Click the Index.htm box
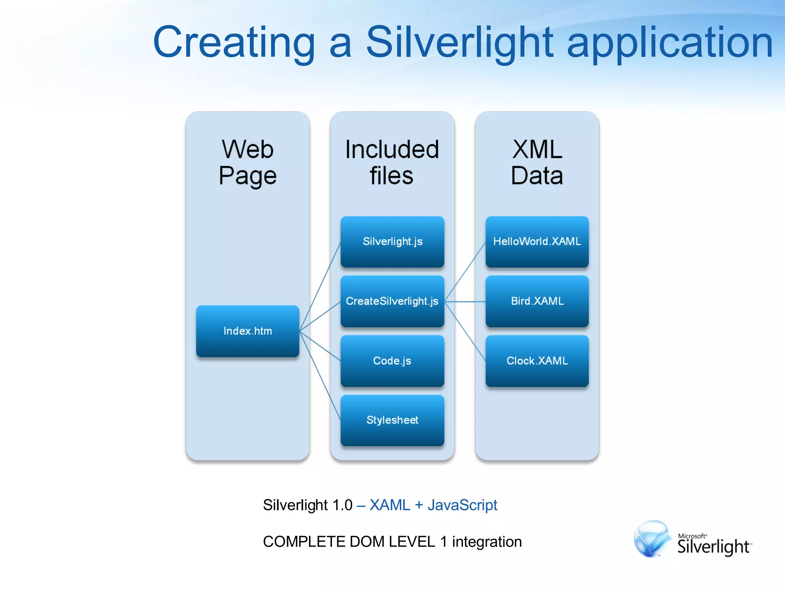tap(248, 331)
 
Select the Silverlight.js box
tap(392, 242)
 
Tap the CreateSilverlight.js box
tap(392, 301)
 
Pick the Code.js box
tap(392, 361)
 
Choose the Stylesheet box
tap(392, 420)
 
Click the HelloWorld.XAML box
tap(537, 242)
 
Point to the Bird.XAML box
tap(537, 301)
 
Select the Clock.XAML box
tap(537, 361)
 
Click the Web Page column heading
tap(248, 163)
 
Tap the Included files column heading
tap(392, 163)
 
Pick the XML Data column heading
tap(537, 163)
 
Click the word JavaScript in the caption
tap(462, 505)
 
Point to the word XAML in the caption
tap(389, 505)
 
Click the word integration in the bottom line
tap(487, 542)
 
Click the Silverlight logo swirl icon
tap(652, 538)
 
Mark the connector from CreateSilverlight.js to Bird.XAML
tap(465, 302)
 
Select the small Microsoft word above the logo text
tap(691, 536)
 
